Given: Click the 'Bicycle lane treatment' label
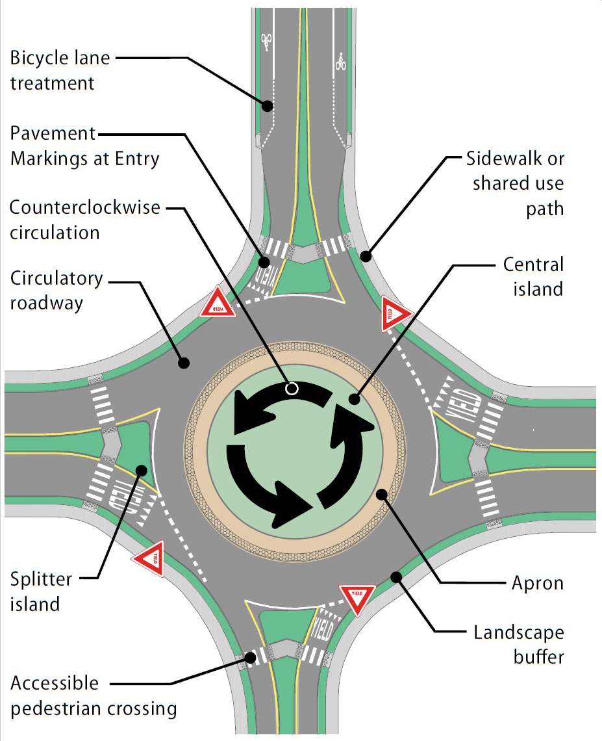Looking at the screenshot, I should [60, 70].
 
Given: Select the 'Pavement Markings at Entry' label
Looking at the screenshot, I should [84, 146].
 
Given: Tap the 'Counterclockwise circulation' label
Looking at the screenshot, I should [84, 220].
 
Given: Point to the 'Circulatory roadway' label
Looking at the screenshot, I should [56, 290].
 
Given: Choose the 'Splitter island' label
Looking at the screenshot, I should [40, 591].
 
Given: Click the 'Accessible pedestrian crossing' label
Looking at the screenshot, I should [93, 695].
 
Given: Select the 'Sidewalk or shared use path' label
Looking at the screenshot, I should [517, 183].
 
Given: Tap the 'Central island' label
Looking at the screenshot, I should [533, 276].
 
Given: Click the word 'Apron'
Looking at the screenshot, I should [538, 583].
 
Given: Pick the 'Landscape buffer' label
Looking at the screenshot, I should [518, 643].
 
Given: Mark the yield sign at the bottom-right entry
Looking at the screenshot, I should [358, 597].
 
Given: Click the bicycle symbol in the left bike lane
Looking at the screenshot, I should [266, 42].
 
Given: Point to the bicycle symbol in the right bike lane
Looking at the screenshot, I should [340, 62].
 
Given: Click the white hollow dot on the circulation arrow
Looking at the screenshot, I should [292, 389].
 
